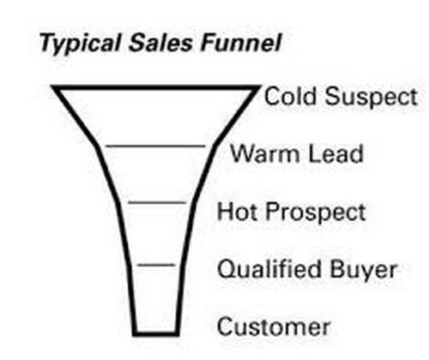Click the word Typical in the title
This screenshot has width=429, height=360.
click(80, 44)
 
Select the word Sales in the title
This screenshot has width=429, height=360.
click(160, 43)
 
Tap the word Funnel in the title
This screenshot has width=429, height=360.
click(240, 43)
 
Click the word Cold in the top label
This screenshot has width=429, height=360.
click(290, 96)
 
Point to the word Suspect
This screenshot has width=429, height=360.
click(371, 98)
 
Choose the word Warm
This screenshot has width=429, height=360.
click(266, 153)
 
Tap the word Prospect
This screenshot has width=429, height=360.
click(316, 213)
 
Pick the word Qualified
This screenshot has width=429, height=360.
click(269, 269)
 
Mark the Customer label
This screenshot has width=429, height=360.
click(274, 327)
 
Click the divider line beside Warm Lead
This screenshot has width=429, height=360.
click(156, 147)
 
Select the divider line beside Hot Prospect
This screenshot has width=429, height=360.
click(157, 203)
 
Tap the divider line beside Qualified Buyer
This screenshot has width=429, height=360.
click(156, 265)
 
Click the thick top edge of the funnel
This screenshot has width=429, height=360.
click(156, 87)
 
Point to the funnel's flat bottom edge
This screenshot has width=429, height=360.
click(156, 333)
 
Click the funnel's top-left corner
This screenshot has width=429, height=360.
click(52, 86)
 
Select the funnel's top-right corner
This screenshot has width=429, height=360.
click(260, 86)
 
